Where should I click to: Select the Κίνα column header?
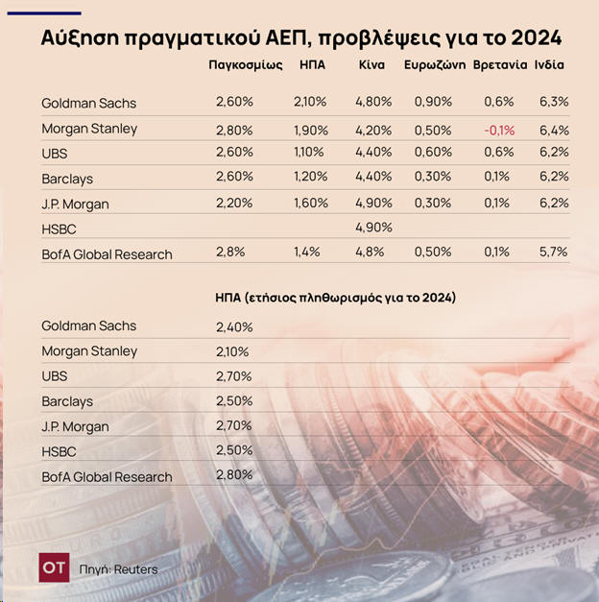click(x=372, y=65)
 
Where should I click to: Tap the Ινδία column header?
click(x=549, y=65)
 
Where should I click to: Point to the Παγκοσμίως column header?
click(x=244, y=65)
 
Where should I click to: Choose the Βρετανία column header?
click(x=500, y=65)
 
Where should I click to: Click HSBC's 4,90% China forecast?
click(x=373, y=229)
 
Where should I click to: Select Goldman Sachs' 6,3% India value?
click(x=554, y=102)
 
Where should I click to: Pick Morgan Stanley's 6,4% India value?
click(x=554, y=130)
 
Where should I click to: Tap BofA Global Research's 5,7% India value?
click(x=554, y=252)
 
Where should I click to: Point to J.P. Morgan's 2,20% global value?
click(x=233, y=203)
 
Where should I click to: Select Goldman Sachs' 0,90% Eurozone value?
click(x=433, y=102)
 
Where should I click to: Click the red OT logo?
click(x=55, y=567)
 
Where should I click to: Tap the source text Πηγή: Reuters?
click(x=119, y=569)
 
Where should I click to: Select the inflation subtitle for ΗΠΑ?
click(x=335, y=298)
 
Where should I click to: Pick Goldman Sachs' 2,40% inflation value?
click(x=233, y=327)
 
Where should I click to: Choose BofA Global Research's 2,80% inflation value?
click(x=233, y=474)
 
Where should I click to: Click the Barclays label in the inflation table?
click(x=67, y=401)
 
